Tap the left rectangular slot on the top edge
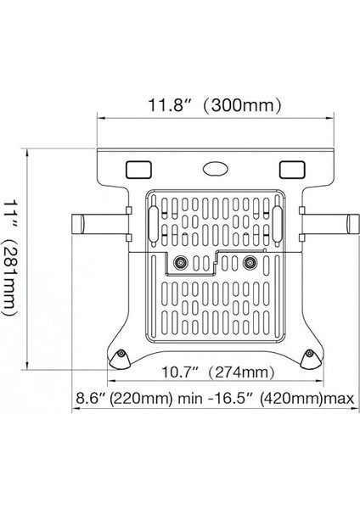137,170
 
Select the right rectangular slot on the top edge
290,170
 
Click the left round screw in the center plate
180,263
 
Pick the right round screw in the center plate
249,263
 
